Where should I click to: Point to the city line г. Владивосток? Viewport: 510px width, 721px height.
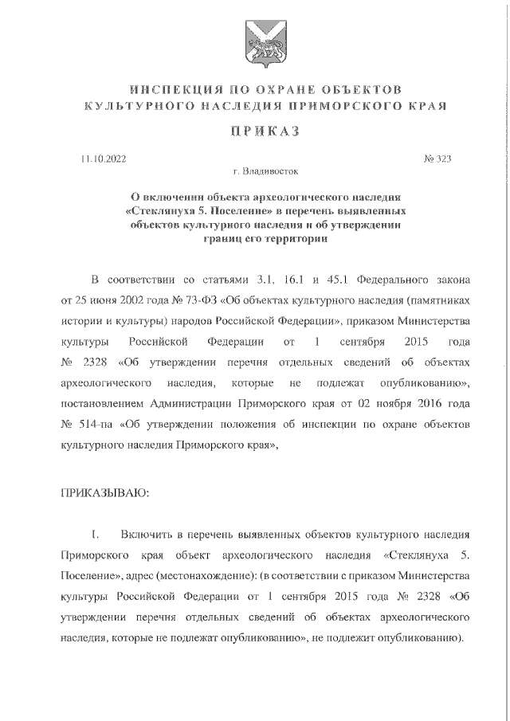[254, 170]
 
